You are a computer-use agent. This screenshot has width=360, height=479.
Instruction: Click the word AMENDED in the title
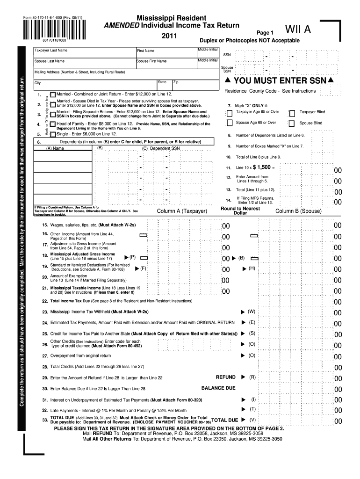click(x=121, y=25)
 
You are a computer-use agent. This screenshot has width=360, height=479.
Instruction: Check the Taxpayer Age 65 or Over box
click(x=229, y=113)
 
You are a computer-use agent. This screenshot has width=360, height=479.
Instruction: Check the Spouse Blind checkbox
click(x=292, y=123)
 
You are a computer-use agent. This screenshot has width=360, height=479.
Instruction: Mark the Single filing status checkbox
click(x=53, y=134)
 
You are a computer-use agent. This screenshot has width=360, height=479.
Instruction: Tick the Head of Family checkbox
click(x=53, y=124)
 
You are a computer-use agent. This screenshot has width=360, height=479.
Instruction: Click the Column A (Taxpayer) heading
click(x=182, y=211)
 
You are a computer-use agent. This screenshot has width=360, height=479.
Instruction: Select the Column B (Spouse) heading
click(x=298, y=211)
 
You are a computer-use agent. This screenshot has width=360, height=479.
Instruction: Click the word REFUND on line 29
click(x=225, y=377)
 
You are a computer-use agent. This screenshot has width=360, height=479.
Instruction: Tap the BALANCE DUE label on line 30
click(x=218, y=388)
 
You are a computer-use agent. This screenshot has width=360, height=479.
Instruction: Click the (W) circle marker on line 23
click(x=252, y=311)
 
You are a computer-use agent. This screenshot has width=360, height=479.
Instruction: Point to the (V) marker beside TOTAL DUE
click(x=252, y=420)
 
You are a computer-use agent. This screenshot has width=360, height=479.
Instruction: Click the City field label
click(x=37, y=83)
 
